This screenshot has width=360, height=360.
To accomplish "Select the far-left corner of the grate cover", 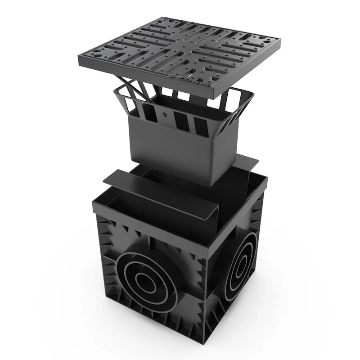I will [80, 64].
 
